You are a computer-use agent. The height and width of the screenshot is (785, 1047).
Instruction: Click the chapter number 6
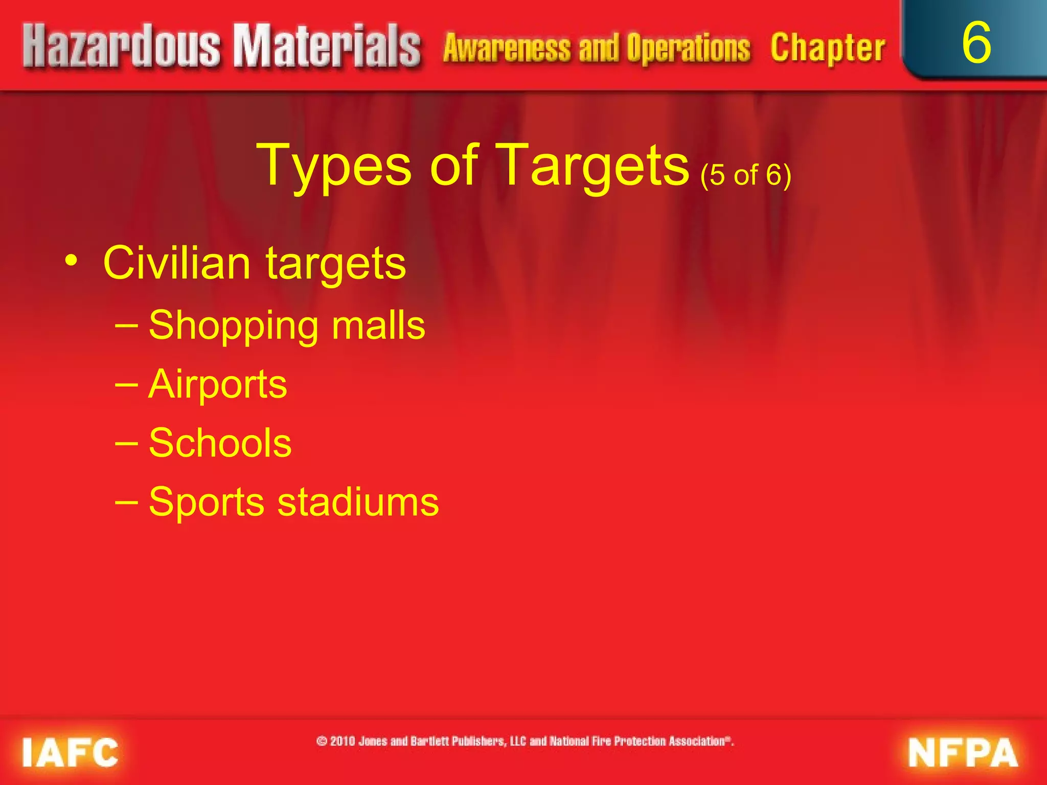976,43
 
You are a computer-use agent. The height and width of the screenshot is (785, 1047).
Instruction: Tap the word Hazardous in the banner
122,47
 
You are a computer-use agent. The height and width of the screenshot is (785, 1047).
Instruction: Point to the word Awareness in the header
507,49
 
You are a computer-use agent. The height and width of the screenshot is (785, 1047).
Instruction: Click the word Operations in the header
688,49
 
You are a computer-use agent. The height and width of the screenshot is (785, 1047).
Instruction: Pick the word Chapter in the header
828,49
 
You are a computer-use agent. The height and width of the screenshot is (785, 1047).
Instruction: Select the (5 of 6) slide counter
745,175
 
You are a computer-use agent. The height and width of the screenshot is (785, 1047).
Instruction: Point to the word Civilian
177,263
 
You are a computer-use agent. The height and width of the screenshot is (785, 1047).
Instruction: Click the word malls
378,325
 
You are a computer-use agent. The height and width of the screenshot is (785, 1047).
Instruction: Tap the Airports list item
218,384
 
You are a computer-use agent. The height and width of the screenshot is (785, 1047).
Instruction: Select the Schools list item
220,443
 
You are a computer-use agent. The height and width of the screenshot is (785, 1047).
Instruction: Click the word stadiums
358,502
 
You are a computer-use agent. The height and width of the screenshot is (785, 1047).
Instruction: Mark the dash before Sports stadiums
126,501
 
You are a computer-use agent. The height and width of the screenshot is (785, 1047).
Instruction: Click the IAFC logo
70,752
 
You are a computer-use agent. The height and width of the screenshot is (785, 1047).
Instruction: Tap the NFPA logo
963,753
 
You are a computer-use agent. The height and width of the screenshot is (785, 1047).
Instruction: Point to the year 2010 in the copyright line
343,741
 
